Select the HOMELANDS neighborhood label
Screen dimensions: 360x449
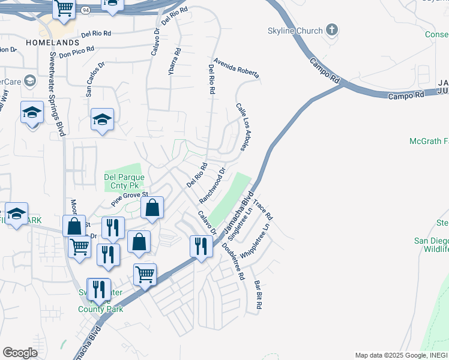click(x=53, y=43)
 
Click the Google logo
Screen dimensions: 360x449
click(x=20, y=353)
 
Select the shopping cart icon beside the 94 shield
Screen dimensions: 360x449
click(x=64, y=8)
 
